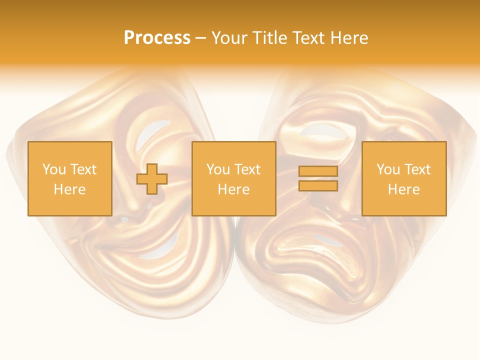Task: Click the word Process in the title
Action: tap(157, 38)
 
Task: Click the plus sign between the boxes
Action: tap(152, 179)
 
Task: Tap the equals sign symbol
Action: tap(318, 178)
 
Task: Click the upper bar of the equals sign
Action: tap(318, 171)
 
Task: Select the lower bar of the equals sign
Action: tap(318, 186)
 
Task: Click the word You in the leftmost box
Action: tap(54, 169)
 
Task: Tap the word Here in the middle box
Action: tap(233, 189)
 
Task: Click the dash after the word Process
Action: tap(200, 38)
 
